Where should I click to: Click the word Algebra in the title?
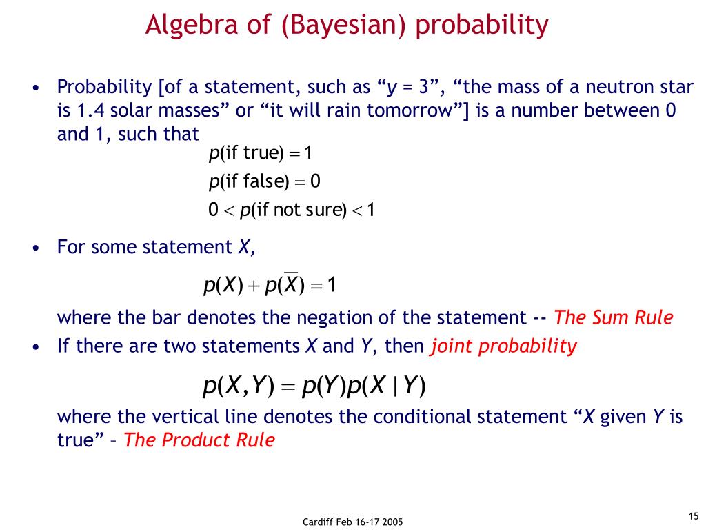coord(192,26)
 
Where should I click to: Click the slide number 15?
coord(694,516)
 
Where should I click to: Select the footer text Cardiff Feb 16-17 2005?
coord(352,522)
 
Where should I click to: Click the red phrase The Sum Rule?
coord(613,317)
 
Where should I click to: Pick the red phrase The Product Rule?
coord(199,440)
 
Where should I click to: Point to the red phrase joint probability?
coord(503,346)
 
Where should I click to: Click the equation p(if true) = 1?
coord(260,153)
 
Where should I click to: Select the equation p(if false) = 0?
coord(264,181)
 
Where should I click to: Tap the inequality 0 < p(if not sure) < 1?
coord(292,210)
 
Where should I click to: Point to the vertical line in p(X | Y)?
coord(395,386)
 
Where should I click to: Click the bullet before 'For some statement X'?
coord(37,248)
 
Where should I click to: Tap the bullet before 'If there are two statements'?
coord(37,347)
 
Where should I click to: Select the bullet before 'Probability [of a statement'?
coord(37,88)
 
